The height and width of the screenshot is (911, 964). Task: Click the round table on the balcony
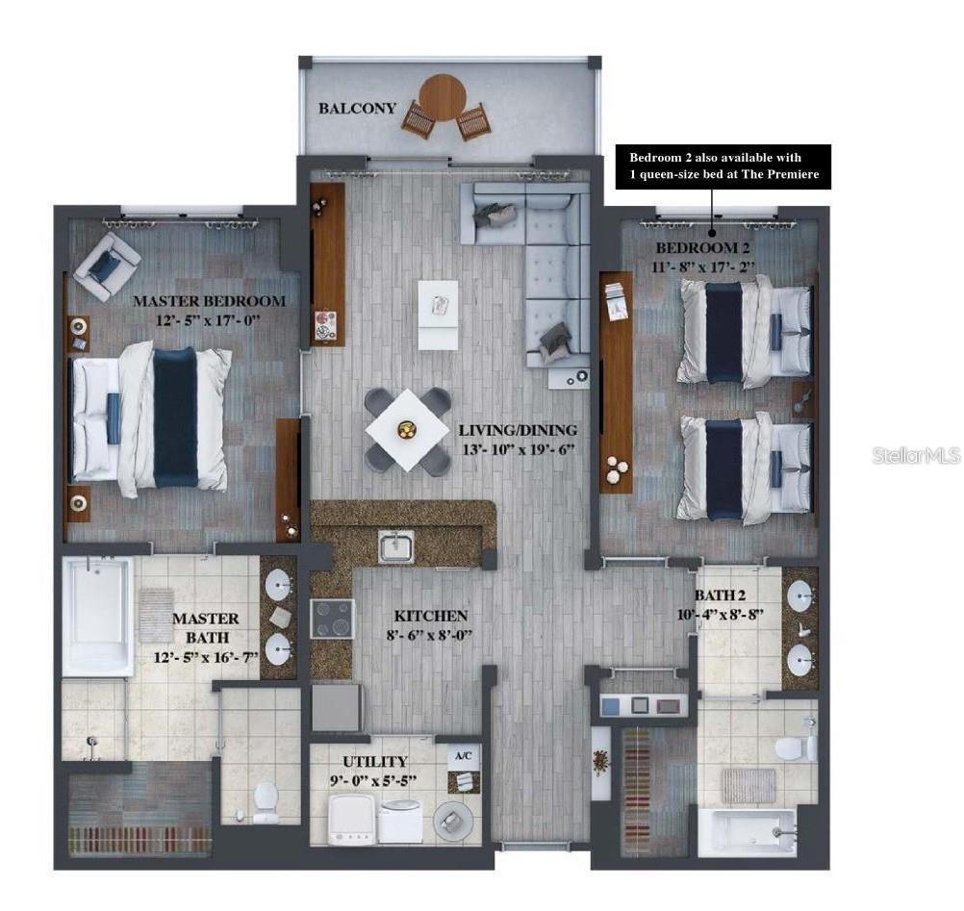point(443,97)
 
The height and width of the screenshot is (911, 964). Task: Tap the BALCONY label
point(357,109)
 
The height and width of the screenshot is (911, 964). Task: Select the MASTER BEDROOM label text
point(209,301)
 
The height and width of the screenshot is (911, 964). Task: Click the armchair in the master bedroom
point(108,265)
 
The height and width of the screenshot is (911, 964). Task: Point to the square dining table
point(408,429)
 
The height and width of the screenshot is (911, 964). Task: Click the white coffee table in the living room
point(439,314)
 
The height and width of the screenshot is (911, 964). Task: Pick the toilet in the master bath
point(265,800)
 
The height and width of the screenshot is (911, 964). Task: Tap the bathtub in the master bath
point(97,616)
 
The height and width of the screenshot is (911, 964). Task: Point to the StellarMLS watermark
point(916,455)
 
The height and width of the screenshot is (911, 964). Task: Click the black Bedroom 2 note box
point(723,165)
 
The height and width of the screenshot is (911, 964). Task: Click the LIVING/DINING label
point(518,430)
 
